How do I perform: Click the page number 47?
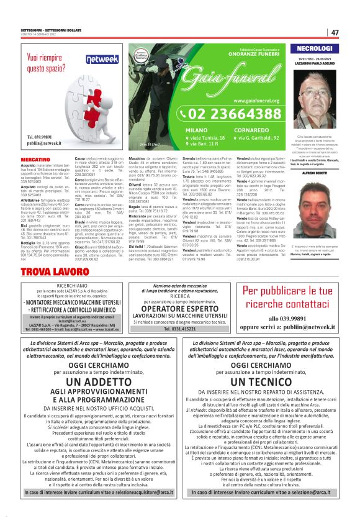pos(335,32)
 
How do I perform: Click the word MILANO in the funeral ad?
pos(196,130)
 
